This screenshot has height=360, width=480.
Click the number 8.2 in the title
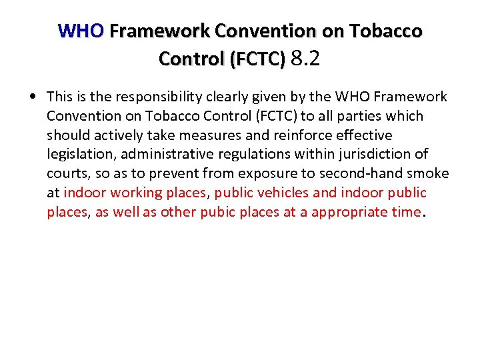(306, 59)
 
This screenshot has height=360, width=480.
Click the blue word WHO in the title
(81, 31)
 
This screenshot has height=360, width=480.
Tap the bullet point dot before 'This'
(32, 97)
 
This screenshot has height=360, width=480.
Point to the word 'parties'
(351, 116)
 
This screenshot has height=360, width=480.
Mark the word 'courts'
(67, 174)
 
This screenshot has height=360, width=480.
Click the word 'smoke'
(431, 174)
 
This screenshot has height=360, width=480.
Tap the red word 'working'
(137, 193)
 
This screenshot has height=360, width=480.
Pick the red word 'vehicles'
(281, 193)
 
